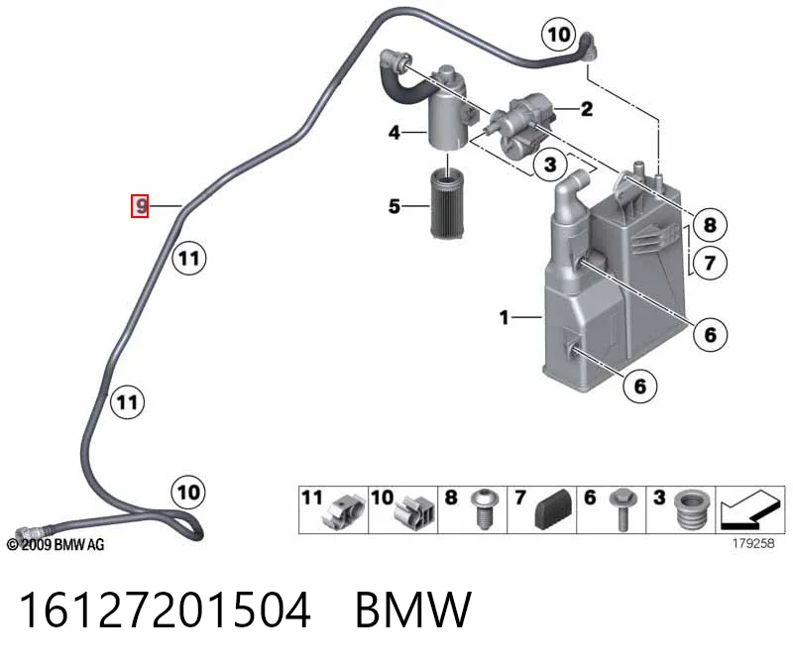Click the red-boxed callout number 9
[140, 206]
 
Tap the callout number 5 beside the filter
[395, 206]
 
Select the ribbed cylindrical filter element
[447, 204]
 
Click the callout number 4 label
[395, 133]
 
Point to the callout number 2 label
[587, 109]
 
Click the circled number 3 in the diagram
[550, 164]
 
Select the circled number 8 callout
[710, 225]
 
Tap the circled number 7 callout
[710, 263]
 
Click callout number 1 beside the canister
[504, 317]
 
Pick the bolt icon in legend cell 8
[484, 508]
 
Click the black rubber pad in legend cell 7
[554, 509]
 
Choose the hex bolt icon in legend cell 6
[623, 509]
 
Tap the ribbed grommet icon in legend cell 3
[693, 509]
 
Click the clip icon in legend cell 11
[345, 511]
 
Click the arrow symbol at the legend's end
[749, 509]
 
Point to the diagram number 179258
[753, 543]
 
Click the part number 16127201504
[165, 610]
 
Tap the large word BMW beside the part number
[413, 610]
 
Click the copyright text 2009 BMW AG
[56, 545]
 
